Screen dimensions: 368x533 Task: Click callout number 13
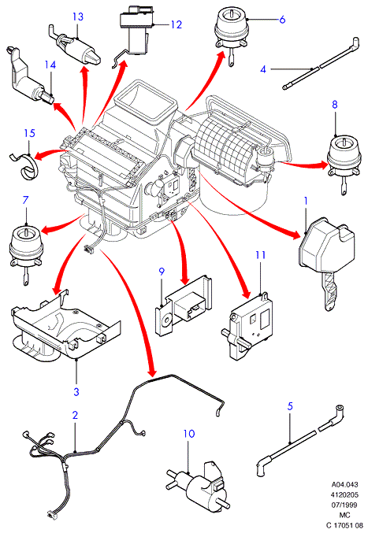click(x=78, y=17)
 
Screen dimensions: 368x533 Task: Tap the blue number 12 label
click(x=177, y=24)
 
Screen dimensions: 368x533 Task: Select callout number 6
click(x=282, y=20)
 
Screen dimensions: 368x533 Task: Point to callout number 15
click(x=29, y=132)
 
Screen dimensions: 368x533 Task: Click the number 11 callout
click(x=261, y=254)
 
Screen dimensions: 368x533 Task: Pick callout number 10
click(x=189, y=434)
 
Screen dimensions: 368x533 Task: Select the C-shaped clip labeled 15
click(x=24, y=165)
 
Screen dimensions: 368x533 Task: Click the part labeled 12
click(x=136, y=32)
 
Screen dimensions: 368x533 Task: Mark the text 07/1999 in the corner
click(x=345, y=505)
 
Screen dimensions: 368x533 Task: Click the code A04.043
click(x=345, y=484)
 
